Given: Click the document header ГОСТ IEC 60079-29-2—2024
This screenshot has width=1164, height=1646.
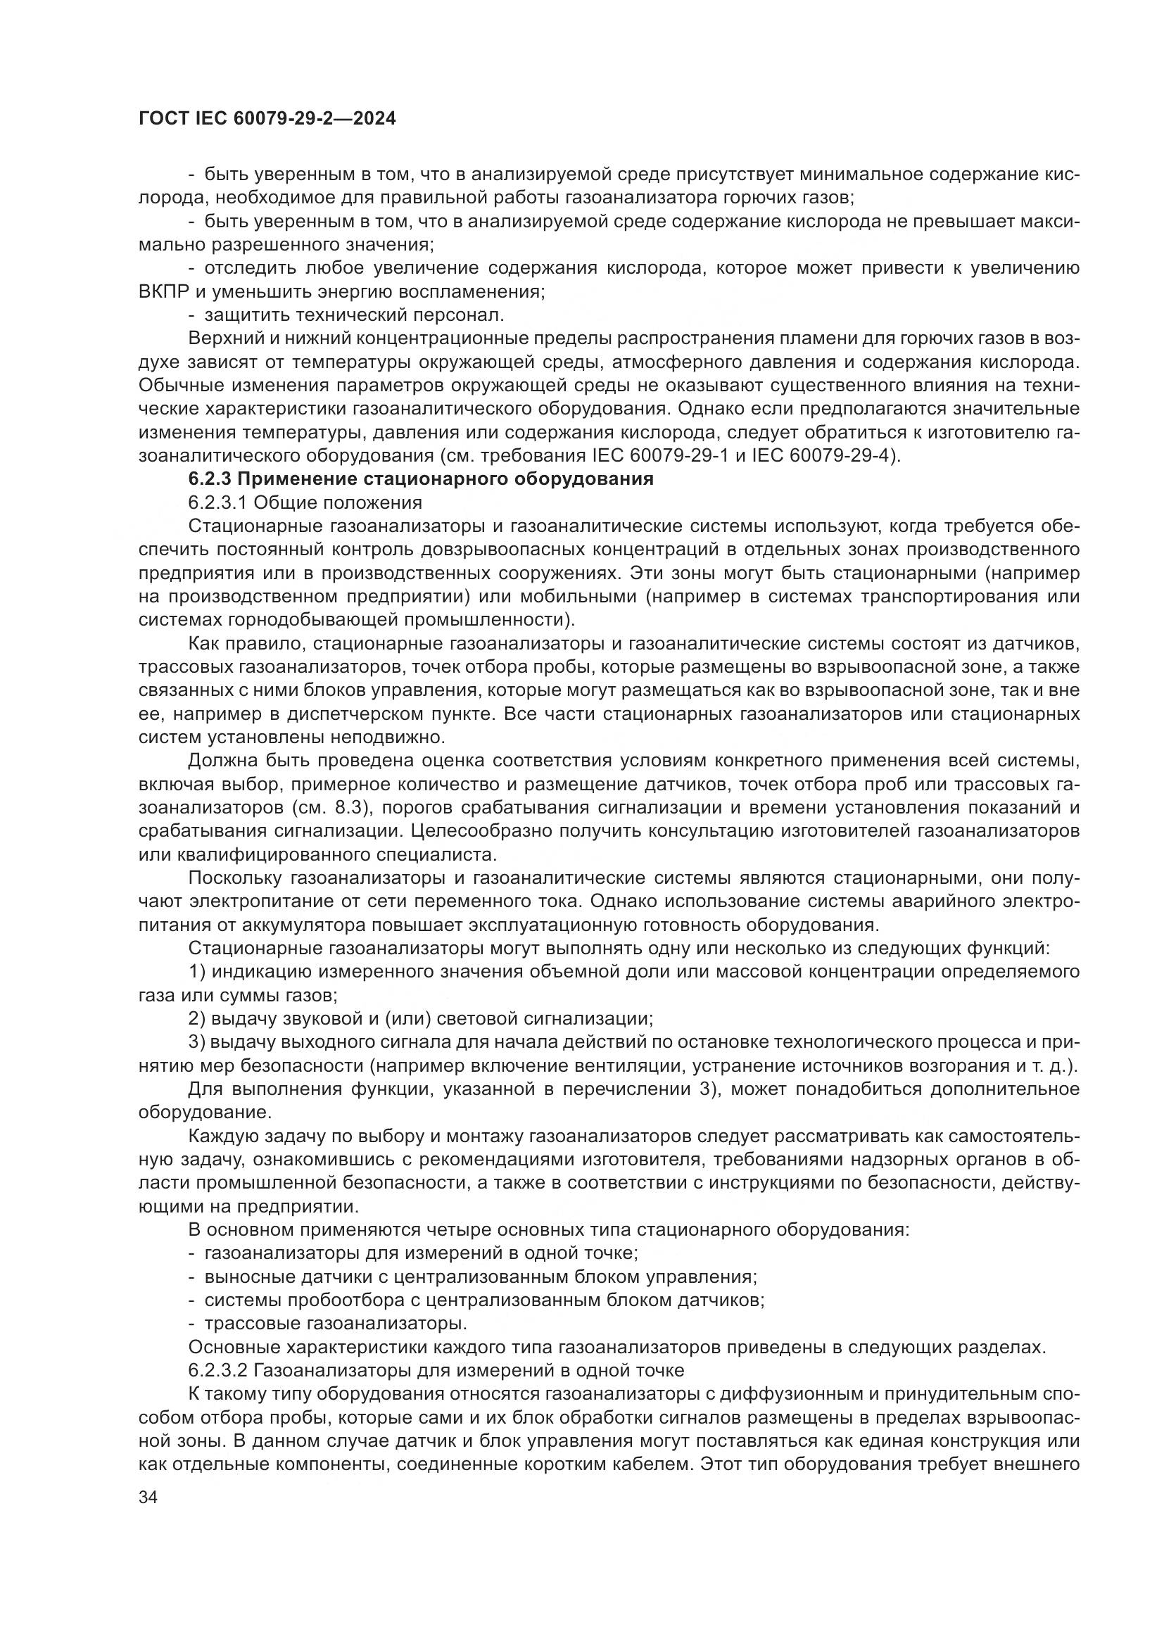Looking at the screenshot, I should click(x=267, y=119).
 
